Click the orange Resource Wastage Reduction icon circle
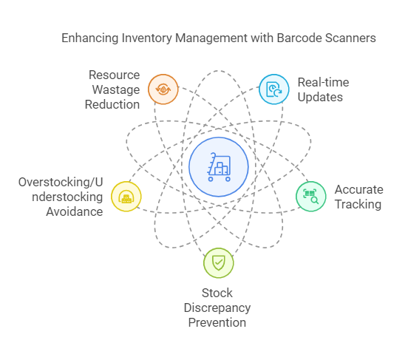click(x=163, y=89)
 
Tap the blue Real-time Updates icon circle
click(x=274, y=89)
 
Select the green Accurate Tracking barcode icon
click(x=311, y=197)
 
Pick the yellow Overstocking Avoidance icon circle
click(x=126, y=197)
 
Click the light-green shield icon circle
click(x=219, y=263)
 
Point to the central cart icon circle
click(x=219, y=167)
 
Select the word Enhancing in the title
click(x=90, y=38)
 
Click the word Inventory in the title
click(x=147, y=38)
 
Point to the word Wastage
click(x=116, y=90)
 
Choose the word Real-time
click(x=324, y=82)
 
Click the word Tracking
click(x=358, y=205)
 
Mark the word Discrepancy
click(x=217, y=308)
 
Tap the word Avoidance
click(x=75, y=211)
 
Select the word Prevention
click(x=217, y=323)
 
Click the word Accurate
click(x=359, y=189)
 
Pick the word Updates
click(x=320, y=98)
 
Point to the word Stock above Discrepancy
click(x=217, y=293)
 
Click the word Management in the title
click(x=211, y=38)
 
